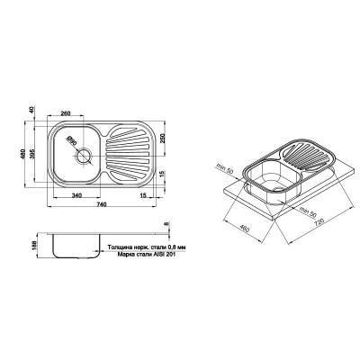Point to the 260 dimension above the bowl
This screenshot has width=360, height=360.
point(67,114)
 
